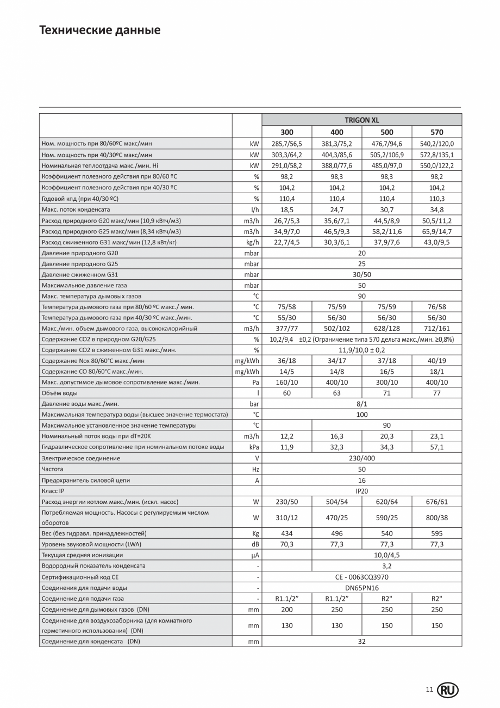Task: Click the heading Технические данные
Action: coord(100,30)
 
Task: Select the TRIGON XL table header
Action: coord(361,120)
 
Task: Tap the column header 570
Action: coord(437,132)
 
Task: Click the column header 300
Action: coord(287,132)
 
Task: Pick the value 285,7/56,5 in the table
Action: coord(287,144)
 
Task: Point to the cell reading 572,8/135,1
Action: coord(437,155)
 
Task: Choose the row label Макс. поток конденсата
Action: coord(76,210)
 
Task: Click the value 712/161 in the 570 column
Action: coord(437,328)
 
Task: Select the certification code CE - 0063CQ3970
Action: coord(361,577)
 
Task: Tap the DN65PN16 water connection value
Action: coord(361,588)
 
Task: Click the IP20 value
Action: coord(361,491)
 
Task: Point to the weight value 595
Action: coord(437,533)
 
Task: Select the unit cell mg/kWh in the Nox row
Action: coord(247,360)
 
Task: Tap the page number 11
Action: coord(429,689)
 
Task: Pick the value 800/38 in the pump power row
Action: coord(437,518)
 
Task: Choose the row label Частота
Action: coord(52,469)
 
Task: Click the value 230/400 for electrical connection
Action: coord(361,458)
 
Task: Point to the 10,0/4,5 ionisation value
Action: coord(387,555)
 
